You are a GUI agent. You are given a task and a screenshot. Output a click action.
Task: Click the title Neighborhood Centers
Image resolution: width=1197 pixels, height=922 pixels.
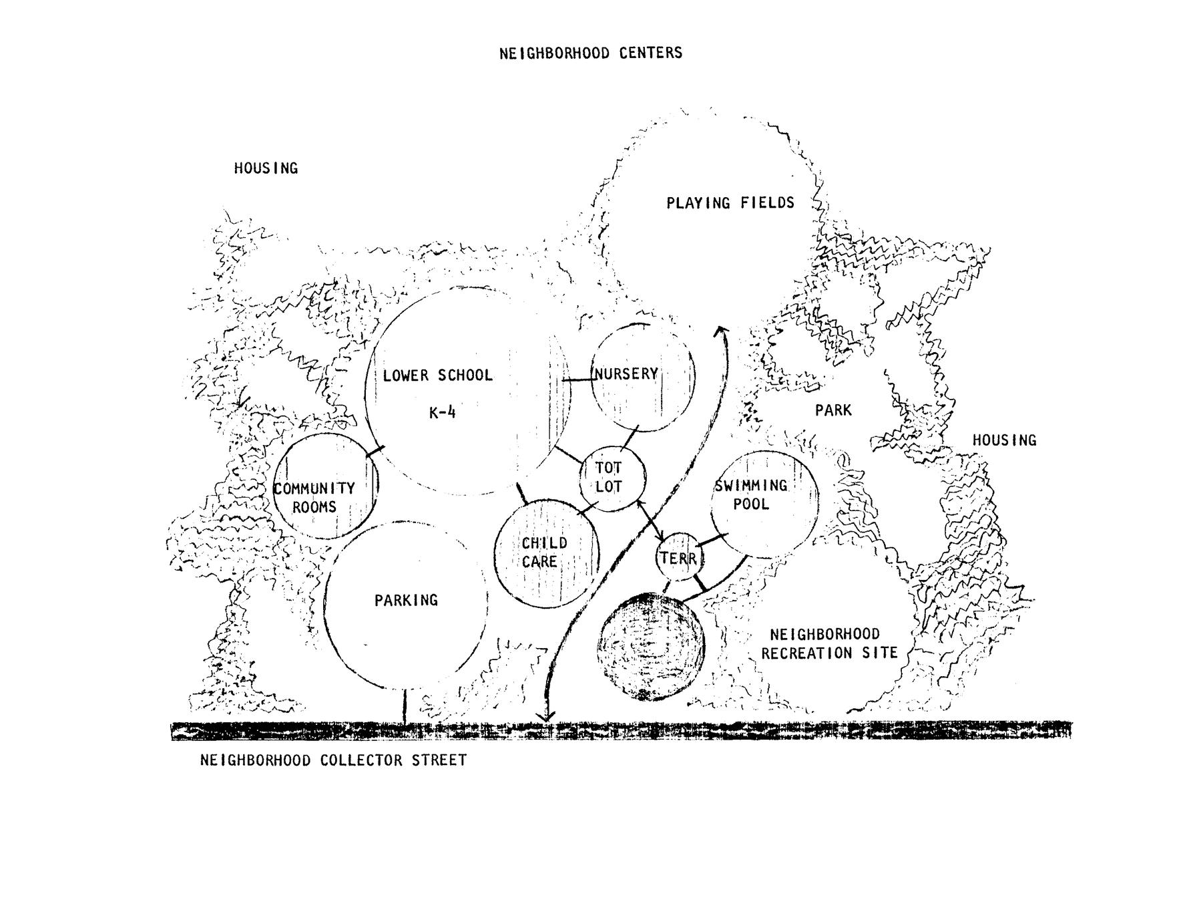click(591, 53)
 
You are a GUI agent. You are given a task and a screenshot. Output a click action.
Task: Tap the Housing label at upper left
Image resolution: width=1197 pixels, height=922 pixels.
click(266, 168)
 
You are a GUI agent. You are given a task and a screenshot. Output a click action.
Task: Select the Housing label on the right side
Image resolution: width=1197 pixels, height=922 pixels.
click(1004, 440)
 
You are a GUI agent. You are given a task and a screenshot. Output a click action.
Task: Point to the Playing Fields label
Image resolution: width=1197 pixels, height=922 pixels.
click(730, 202)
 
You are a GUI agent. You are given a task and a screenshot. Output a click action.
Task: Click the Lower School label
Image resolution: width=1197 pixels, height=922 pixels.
click(437, 375)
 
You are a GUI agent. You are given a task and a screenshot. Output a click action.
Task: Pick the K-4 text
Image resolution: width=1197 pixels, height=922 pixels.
click(442, 412)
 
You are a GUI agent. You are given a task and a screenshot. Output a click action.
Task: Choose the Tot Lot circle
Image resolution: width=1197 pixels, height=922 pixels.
click(612, 478)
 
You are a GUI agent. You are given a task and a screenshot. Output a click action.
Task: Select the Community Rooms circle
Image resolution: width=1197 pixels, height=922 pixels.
click(326, 486)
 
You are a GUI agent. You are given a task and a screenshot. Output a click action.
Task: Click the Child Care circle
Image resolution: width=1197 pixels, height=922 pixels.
click(546, 554)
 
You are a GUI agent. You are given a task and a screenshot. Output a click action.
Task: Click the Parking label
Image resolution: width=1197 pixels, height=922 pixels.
click(406, 600)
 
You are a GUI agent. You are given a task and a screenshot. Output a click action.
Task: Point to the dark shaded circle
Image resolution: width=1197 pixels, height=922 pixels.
click(651, 647)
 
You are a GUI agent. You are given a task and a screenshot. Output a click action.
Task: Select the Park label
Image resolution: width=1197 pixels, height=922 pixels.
click(833, 410)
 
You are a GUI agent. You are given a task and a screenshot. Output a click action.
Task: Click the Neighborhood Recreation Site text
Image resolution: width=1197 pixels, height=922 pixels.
click(829, 643)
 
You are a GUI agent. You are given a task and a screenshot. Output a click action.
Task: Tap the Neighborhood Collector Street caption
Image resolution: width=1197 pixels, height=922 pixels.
click(333, 760)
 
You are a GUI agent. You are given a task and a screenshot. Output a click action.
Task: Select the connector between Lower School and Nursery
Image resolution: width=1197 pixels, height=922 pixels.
click(578, 380)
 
